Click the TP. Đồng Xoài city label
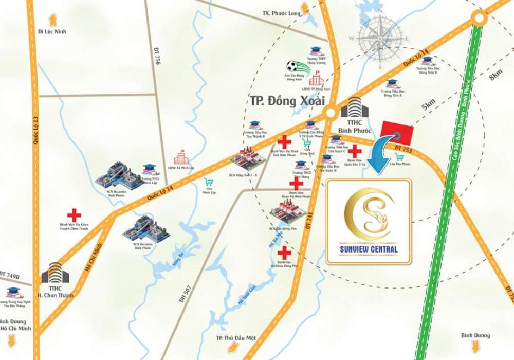pos(280,100)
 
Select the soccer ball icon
pos(292,66)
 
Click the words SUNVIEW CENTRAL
pos(369,250)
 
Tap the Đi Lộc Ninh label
pos(52,31)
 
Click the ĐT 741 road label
pos(309,221)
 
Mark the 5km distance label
pos(428,104)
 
